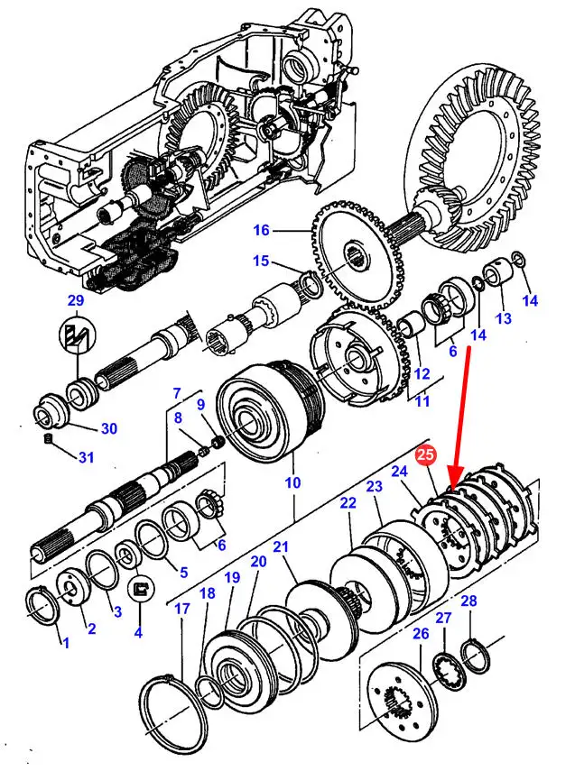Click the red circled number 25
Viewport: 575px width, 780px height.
(x=426, y=454)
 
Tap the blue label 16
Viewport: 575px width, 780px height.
(x=261, y=230)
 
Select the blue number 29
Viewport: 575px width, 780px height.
(x=76, y=301)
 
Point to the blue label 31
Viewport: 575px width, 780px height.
(x=86, y=456)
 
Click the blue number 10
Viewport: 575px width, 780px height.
(x=292, y=482)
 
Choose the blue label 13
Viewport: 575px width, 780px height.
(x=504, y=318)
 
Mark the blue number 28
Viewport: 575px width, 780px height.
(x=468, y=601)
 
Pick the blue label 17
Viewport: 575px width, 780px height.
(x=182, y=609)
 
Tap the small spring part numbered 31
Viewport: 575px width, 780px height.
(x=48, y=439)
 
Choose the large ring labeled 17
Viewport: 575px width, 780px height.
(x=174, y=717)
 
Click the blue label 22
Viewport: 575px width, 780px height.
(x=348, y=503)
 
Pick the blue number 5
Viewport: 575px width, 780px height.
(x=184, y=573)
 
